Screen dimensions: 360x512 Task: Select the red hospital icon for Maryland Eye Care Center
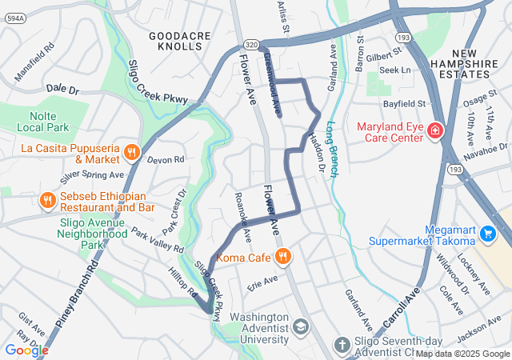point(435,130)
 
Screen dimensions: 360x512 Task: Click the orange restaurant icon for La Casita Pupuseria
point(133,150)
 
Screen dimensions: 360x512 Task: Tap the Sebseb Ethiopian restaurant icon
point(48,199)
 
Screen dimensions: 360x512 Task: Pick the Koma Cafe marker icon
point(282,257)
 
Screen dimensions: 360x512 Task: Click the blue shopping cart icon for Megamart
point(488,234)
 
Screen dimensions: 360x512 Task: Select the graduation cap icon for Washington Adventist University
point(300,326)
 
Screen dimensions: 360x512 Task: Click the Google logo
point(26,350)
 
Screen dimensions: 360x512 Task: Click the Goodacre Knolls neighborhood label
point(175,41)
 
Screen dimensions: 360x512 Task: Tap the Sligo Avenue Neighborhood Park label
point(93,228)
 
